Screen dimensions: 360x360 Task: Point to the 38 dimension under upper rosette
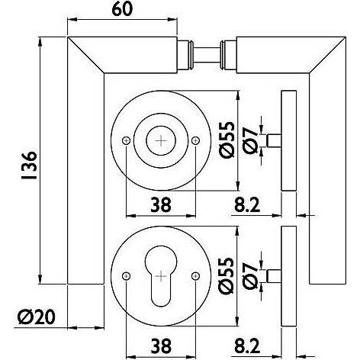coord(160,204)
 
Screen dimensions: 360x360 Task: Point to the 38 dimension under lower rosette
coord(160,344)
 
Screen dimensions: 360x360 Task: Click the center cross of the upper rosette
coord(161,140)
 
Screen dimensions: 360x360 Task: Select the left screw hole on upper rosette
coord(127,140)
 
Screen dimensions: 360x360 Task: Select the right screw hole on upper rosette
coord(195,140)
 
